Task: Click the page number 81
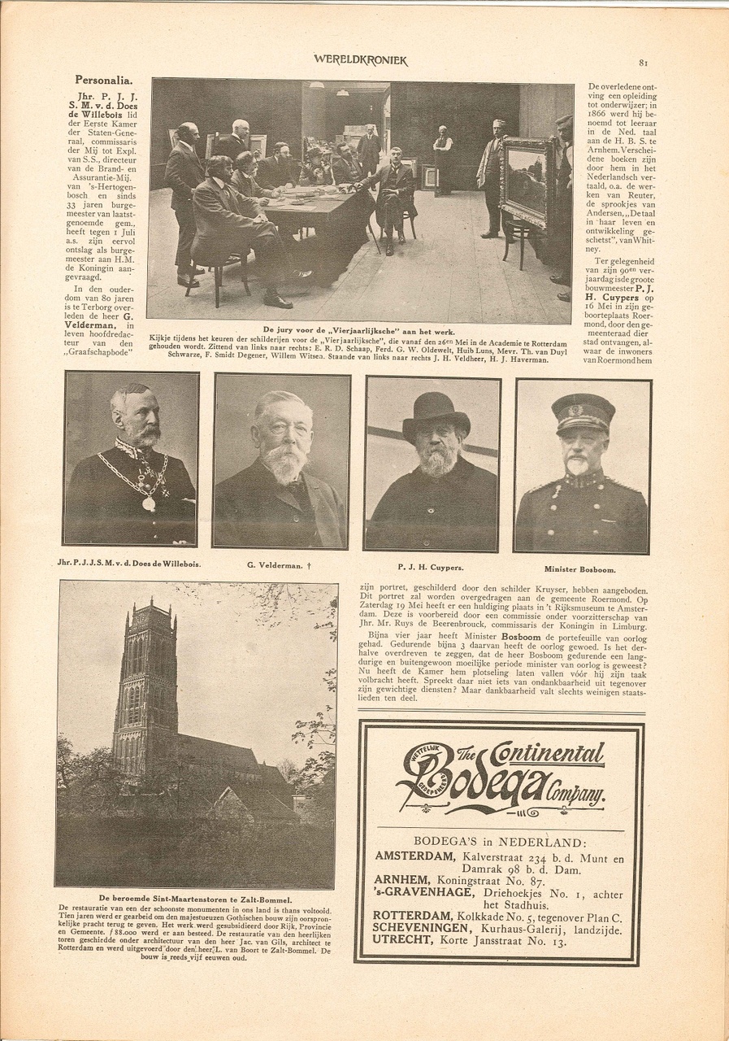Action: (643, 62)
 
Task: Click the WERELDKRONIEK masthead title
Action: (361, 60)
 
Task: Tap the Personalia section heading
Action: (103, 80)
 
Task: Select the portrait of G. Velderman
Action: (281, 460)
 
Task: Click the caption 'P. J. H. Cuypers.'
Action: (432, 567)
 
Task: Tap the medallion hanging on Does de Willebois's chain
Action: (149, 503)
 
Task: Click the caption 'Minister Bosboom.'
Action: (580, 569)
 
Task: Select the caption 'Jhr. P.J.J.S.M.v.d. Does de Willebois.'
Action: (130, 564)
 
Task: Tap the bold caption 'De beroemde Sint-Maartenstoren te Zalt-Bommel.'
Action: (195, 898)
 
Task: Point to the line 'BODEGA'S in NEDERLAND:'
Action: (498, 842)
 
